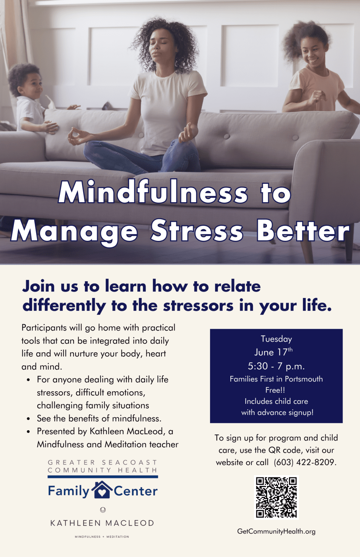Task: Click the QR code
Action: point(276,497)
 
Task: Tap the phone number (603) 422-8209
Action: point(305,462)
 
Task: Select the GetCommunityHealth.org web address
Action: point(276,531)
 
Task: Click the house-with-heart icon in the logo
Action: point(102,489)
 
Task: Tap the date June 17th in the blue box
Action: point(273,352)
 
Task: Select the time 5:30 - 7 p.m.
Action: point(276,366)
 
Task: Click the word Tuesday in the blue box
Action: point(276,339)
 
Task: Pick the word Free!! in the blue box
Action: point(275,390)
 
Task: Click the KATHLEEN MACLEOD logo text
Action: point(102,523)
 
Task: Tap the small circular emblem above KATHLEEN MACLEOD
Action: point(103,510)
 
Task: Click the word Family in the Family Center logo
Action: point(69,491)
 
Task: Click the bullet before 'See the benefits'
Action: point(28,419)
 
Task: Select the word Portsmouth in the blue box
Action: point(304,379)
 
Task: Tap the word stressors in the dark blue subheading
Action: point(198,305)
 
